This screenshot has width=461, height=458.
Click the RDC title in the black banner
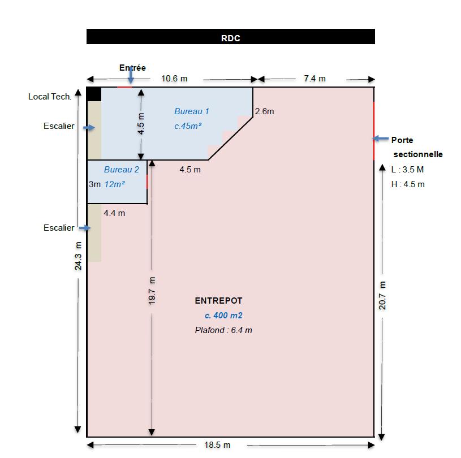coord(231,38)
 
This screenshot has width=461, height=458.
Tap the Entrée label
coord(132,68)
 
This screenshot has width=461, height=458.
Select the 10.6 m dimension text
coord(174,79)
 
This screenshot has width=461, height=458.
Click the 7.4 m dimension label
coord(315,79)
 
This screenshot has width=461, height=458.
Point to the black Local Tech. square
coord(94,94)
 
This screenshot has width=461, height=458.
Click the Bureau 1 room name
coord(191,111)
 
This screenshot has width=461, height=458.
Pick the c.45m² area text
coord(188,126)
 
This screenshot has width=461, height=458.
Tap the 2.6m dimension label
coord(264,111)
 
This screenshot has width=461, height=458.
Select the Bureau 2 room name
coord(122,170)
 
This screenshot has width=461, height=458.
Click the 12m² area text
coord(115,184)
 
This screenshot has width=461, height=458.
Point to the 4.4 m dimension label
coord(114,213)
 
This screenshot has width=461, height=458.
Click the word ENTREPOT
coord(218,301)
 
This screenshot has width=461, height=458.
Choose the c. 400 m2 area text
coord(223,316)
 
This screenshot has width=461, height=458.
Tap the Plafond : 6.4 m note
coord(223,330)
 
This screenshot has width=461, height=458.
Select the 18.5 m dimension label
coord(217,445)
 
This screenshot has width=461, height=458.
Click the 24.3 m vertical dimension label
coord(78,256)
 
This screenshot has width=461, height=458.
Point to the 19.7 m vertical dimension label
coord(152,291)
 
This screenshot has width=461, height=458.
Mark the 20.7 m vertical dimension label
coord(382,295)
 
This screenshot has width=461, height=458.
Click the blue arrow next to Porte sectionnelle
coord(381,139)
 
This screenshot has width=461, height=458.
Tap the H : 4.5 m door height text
coord(408,184)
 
